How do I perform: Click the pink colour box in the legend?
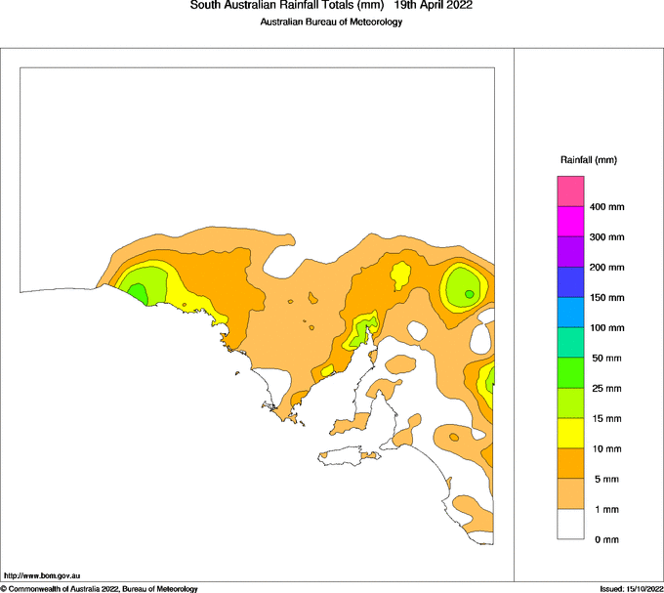570,191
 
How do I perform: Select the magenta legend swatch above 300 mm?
570,221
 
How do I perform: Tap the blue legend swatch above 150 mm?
570,281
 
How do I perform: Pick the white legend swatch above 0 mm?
570,524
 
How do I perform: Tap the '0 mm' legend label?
605,539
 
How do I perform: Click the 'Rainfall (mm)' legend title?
589,159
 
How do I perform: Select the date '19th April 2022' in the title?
434,6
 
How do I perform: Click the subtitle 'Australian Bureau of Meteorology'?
331,22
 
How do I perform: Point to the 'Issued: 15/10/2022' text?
631,588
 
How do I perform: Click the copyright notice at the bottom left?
99,588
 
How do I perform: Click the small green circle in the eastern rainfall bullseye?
470,293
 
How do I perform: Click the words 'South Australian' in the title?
229,6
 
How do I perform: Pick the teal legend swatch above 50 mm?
570,342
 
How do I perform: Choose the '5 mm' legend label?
604,479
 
